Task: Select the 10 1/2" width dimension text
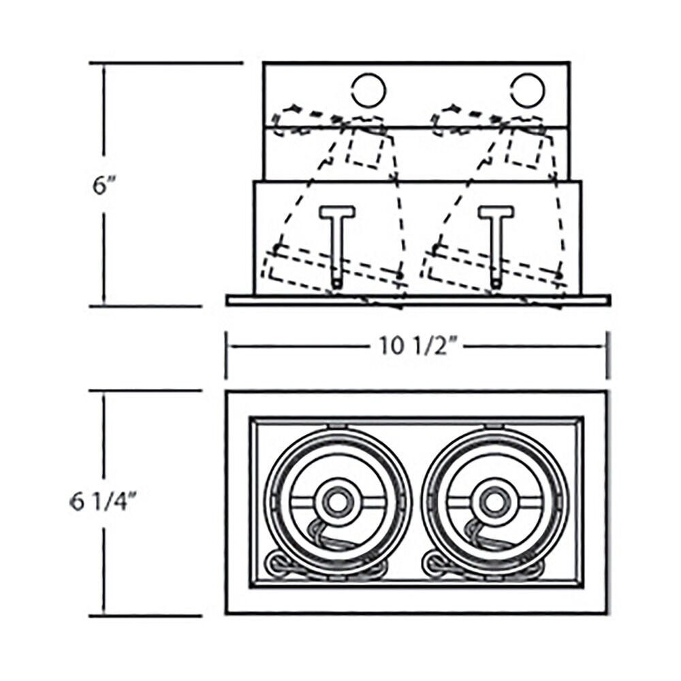click(x=413, y=347)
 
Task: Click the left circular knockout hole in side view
click(x=368, y=91)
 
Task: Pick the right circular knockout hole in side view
click(x=527, y=91)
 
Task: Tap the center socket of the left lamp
click(x=336, y=502)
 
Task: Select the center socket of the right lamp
click(x=492, y=502)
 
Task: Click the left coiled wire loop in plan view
click(x=276, y=564)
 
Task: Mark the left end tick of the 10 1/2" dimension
click(x=226, y=355)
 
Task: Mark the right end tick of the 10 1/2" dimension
click(x=607, y=355)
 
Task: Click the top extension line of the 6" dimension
click(x=166, y=63)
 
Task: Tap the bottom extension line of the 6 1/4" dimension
click(x=146, y=616)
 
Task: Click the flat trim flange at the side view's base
click(x=418, y=300)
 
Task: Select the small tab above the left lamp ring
click(x=337, y=426)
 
